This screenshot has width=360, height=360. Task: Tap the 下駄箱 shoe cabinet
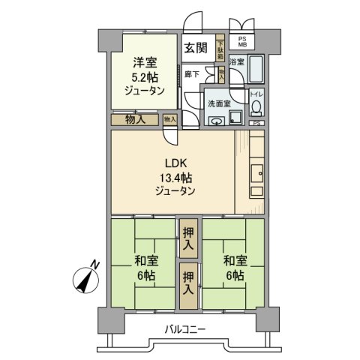point(220,49)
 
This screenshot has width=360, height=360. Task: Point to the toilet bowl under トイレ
point(255,106)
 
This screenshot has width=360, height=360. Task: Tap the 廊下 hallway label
point(190,73)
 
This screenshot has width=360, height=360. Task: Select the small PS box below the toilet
point(256,123)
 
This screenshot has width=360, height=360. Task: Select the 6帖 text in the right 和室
point(232,275)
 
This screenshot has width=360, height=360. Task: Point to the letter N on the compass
point(94,264)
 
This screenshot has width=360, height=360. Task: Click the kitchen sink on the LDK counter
point(256,172)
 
